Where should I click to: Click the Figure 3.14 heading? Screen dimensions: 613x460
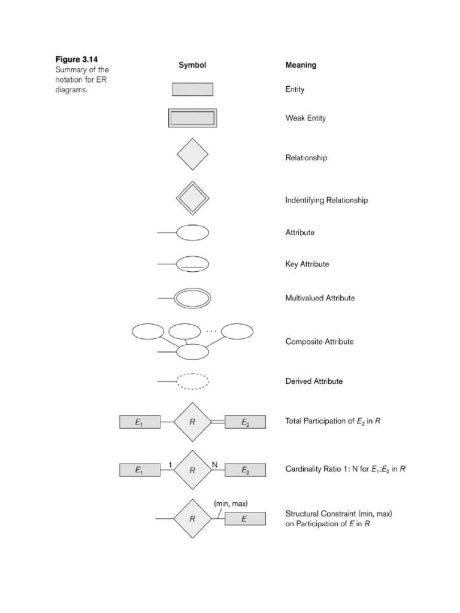77,59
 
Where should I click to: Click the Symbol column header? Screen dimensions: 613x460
192,65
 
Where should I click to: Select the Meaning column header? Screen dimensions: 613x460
301,65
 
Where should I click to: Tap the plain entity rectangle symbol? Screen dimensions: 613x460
192,90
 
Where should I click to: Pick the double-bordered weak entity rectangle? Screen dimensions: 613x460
192,118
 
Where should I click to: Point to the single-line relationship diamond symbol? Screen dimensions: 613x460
192,154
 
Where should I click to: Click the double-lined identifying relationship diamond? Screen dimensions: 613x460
192,198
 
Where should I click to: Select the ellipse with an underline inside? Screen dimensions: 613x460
192,264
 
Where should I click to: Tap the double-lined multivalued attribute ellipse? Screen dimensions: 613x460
192,298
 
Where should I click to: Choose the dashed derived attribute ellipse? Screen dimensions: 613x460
192,381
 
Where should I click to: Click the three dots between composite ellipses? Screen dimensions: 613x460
211,329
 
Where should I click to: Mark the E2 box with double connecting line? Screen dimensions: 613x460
245,422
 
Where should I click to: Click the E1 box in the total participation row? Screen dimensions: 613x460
140,422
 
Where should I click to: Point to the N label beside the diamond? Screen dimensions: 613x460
214,464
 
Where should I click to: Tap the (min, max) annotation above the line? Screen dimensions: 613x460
231,503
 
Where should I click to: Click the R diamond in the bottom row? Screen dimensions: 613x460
192,520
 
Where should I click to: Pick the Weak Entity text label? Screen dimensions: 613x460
305,119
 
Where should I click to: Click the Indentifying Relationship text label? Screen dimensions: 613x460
326,200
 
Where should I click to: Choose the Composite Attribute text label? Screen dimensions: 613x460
319,342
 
